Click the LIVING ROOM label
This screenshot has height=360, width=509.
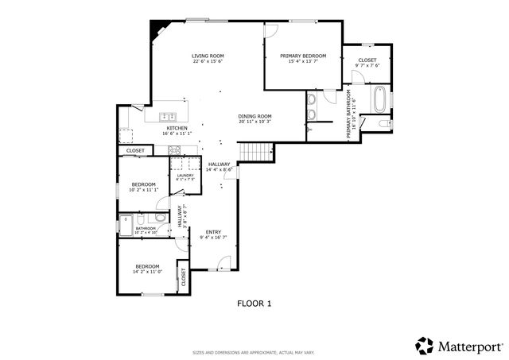(208, 56)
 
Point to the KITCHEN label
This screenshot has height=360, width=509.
(177, 128)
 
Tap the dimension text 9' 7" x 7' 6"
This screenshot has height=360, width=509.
(367, 66)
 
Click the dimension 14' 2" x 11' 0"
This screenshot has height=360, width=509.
(147, 272)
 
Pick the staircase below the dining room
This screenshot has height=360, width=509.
(256, 150)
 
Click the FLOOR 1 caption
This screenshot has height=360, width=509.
(254, 303)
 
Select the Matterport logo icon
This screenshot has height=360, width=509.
(424, 345)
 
